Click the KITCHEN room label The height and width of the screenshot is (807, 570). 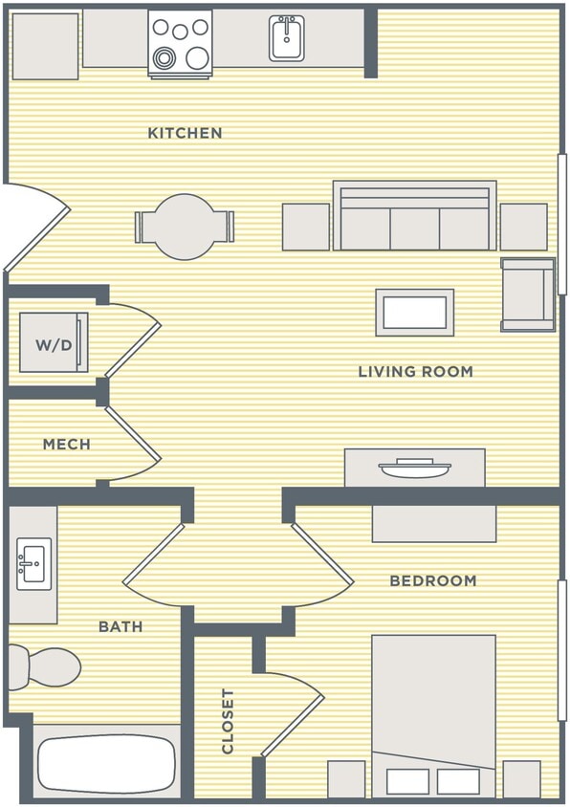click(185, 133)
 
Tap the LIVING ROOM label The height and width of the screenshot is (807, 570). click(415, 371)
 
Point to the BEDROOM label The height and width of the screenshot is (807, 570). click(432, 580)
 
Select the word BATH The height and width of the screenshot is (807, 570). click(121, 626)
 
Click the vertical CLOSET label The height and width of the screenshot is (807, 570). click(228, 720)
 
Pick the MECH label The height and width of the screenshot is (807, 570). click(67, 444)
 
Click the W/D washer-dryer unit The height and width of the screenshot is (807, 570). click(54, 342)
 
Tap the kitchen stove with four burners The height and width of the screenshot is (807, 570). click(180, 43)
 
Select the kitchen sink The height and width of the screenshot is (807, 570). click(286, 39)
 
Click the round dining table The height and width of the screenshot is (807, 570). click(185, 227)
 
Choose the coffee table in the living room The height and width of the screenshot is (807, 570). click(414, 312)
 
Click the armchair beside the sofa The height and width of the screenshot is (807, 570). click(527, 294)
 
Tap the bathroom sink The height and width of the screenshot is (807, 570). click(33, 564)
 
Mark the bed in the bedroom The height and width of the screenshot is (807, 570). click(433, 712)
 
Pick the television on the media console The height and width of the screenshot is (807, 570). click(414, 469)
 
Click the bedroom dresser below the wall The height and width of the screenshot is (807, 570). click(433, 523)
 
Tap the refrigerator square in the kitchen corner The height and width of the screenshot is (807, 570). click(45, 46)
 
